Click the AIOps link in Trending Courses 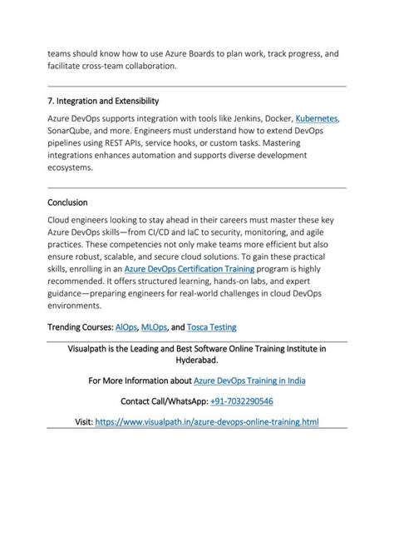tap(127, 327)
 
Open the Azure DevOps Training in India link tap(249, 381)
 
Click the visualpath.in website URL tap(207, 422)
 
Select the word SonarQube tap(72, 132)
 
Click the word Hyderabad tap(196, 361)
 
